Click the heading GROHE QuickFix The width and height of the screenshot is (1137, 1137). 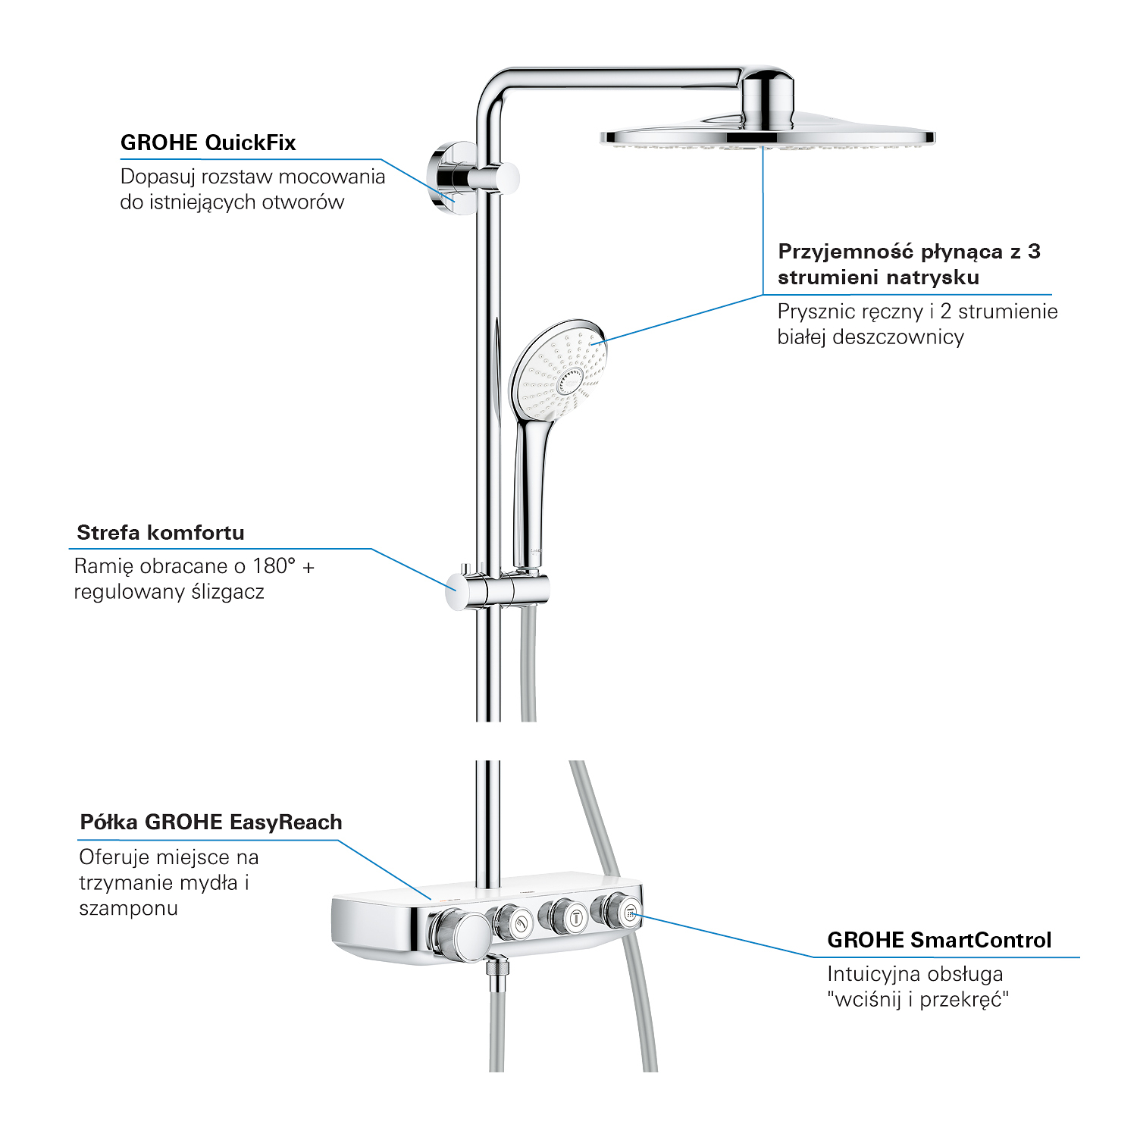pos(208,143)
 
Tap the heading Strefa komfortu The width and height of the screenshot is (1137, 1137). pos(161,532)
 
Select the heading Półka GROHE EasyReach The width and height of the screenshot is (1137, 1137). pos(211,822)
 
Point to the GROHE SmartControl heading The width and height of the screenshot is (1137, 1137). pos(939,940)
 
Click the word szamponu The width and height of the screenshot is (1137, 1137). pos(129,909)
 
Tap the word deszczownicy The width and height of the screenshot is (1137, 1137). pos(898,337)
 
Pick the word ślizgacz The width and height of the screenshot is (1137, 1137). pos(227,592)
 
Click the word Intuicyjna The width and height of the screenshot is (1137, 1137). pos(873,974)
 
